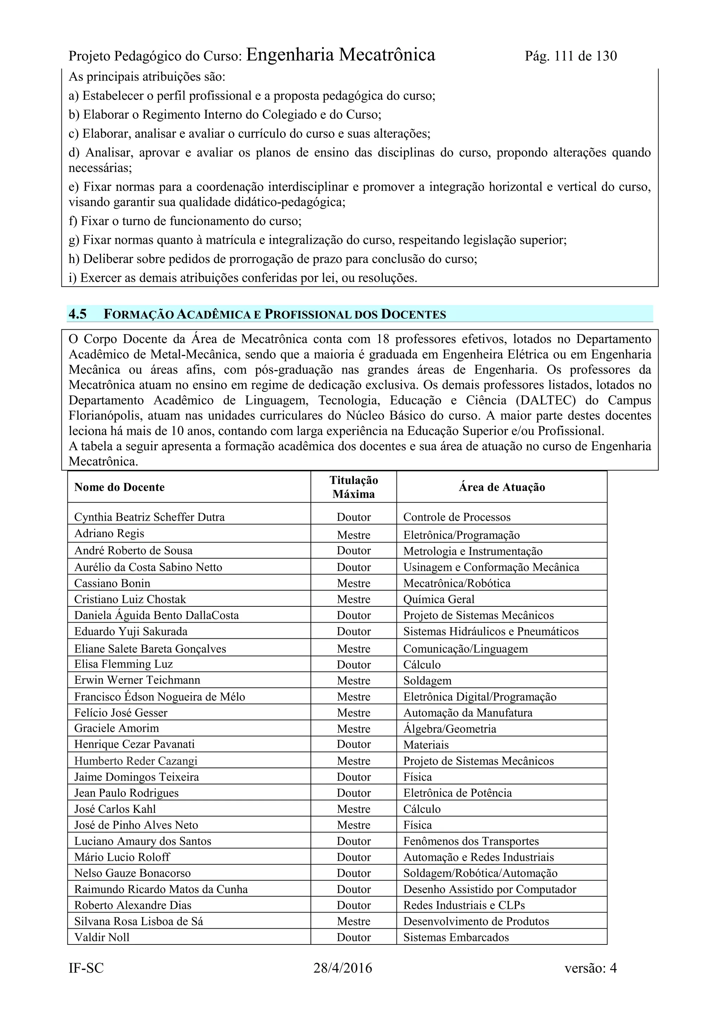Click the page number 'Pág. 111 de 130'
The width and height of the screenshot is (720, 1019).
[x=571, y=56]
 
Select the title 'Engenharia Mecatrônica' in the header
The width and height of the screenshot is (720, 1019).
[x=340, y=55]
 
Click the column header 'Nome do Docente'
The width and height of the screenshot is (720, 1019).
[x=119, y=487]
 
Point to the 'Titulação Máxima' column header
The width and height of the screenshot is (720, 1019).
[x=354, y=487]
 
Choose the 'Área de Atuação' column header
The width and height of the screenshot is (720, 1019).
[x=501, y=487]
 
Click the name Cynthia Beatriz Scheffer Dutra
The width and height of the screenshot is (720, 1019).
[x=149, y=517]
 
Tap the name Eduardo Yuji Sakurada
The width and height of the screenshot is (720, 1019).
[x=131, y=631]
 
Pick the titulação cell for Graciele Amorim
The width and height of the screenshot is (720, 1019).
[x=354, y=729]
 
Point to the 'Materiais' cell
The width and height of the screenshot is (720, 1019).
[x=426, y=745]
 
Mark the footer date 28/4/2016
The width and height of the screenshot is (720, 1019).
[x=342, y=968]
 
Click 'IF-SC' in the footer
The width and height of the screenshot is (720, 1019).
[x=86, y=968]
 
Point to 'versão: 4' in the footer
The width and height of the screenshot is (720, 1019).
[x=591, y=968]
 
